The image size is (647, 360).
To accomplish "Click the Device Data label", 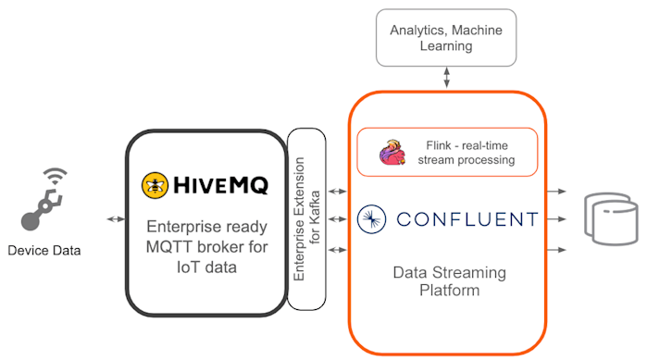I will [45, 251].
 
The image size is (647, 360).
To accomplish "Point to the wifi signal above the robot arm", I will [57, 176].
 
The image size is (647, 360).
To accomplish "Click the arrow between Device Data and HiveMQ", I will [117, 219].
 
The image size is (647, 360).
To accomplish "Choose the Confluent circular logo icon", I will [372, 219].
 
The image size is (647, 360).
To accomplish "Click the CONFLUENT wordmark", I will [467, 219].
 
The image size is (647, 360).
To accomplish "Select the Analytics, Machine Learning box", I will [446, 37].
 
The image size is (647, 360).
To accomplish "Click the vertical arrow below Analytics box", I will [448, 78].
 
